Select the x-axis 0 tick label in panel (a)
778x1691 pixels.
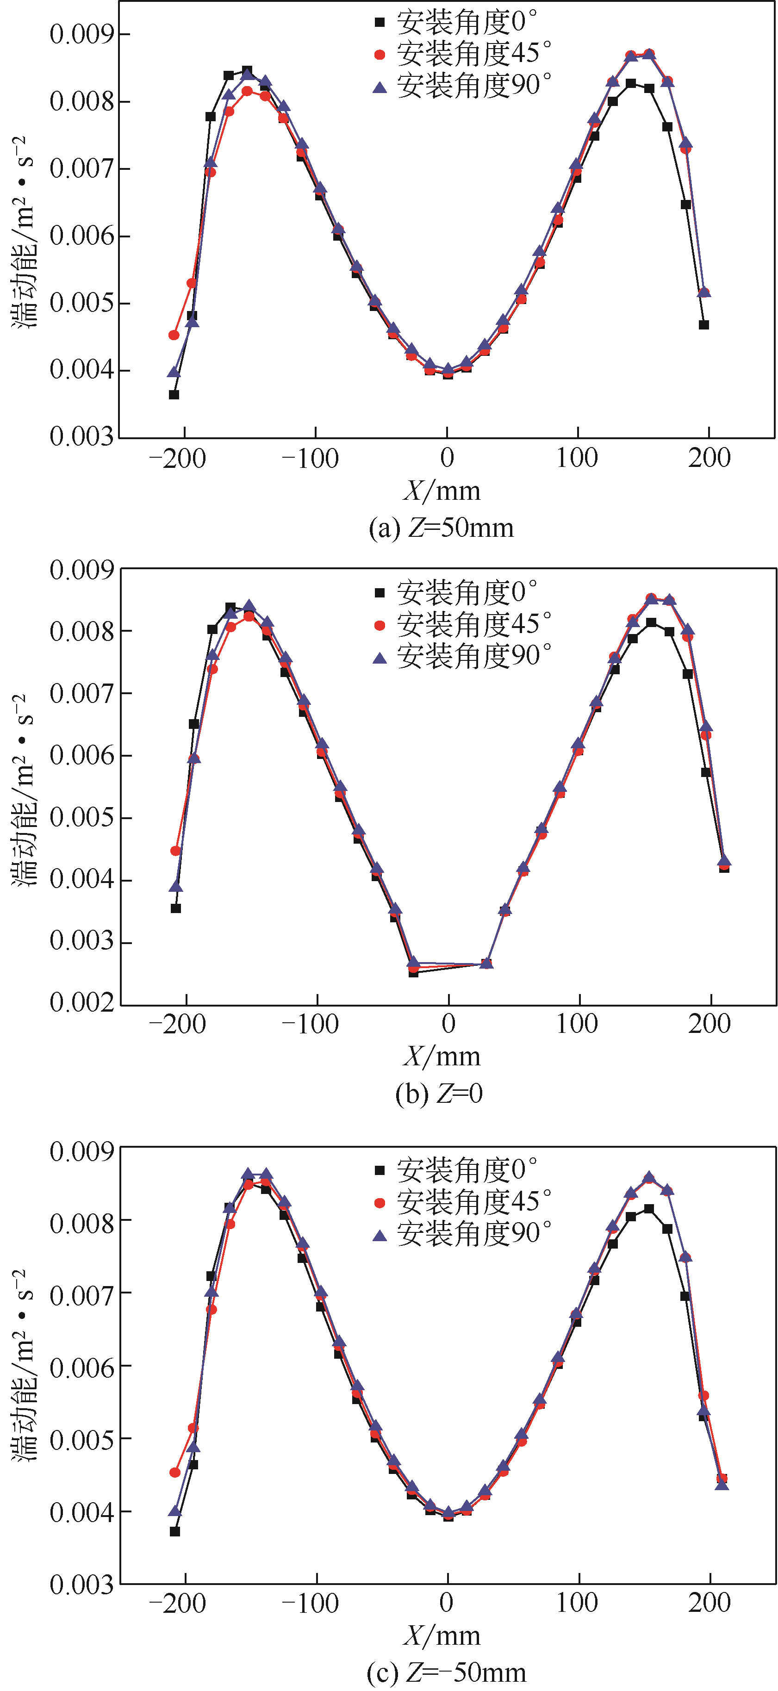tap(447, 458)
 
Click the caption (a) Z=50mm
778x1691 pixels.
tap(441, 528)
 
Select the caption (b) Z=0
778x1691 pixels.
tap(439, 1093)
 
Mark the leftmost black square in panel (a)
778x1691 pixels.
tap(174, 395)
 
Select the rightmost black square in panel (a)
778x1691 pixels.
tap(704, 325)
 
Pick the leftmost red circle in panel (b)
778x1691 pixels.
tap(175, 851)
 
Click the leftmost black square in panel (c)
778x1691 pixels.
tap(174, 1531)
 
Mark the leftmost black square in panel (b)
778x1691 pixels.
tap(176, 908)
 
